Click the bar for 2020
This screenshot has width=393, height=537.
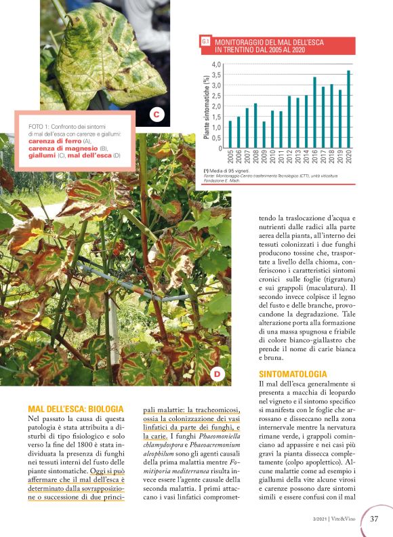tap(349, 109)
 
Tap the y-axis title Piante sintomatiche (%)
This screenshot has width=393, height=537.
tap(206, 106)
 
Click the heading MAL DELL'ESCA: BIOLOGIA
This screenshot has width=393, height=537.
tap(76, 409)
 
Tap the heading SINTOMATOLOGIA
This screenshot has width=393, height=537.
tap(293, 374)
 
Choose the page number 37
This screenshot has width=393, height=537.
tap(375, 519)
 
